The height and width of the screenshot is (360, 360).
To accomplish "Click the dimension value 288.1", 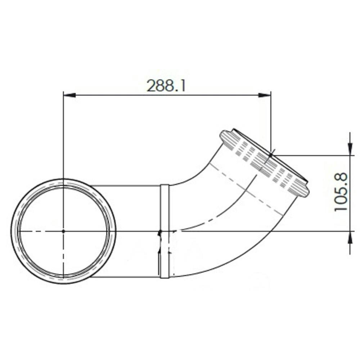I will tap(166, 86).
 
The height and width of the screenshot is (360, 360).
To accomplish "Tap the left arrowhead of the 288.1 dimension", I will tap(69, 95).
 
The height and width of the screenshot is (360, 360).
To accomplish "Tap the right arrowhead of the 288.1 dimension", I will tap(265, 95).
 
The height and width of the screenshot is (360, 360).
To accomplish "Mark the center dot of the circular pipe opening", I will tap(63, 231).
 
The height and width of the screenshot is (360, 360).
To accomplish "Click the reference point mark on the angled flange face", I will tap(270, 155).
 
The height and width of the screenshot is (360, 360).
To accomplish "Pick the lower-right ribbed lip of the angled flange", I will tap(302, 190).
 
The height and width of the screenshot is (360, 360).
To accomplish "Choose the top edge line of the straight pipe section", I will tap(126, 185).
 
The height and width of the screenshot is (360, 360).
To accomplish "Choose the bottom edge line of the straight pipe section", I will tap(126, 277).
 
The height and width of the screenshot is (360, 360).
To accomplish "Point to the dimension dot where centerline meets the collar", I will tap(161, 231).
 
